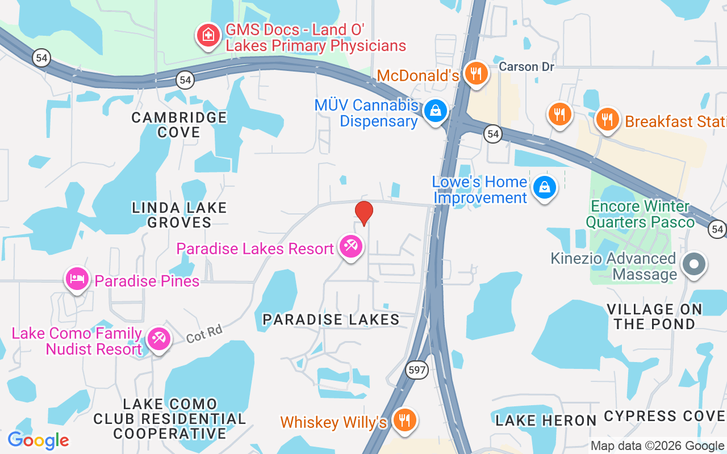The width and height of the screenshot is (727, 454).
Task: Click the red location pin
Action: coord(363,213)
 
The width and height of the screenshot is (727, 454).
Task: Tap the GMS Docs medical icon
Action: coord(208,35)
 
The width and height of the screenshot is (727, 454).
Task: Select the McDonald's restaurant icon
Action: coord(476,73)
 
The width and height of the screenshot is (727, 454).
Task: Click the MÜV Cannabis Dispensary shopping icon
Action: coord(436,111)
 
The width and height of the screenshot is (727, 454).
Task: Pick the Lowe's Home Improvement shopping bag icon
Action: coord(544,187)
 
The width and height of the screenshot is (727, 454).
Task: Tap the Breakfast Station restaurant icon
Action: coord(607,119)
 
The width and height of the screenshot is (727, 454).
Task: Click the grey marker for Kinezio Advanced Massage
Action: coord(693,264)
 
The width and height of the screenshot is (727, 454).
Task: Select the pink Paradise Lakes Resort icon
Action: coord(351,247)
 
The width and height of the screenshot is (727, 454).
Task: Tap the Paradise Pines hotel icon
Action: coord(77,279)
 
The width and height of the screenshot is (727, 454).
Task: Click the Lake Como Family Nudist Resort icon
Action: coord(158,339)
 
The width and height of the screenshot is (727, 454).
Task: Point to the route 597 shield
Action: coord(417,369)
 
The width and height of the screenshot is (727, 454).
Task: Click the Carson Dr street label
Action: coord(526,67)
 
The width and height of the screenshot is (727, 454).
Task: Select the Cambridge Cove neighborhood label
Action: coord(179,125)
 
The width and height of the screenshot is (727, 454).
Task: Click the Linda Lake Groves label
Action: coord(179,215)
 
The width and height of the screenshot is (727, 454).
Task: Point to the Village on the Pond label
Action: coord(654,317)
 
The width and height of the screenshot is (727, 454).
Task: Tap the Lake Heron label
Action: coord(546,421)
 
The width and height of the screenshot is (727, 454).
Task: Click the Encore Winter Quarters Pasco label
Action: coord(640,214)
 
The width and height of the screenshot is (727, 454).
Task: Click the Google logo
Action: coord(38,440)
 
